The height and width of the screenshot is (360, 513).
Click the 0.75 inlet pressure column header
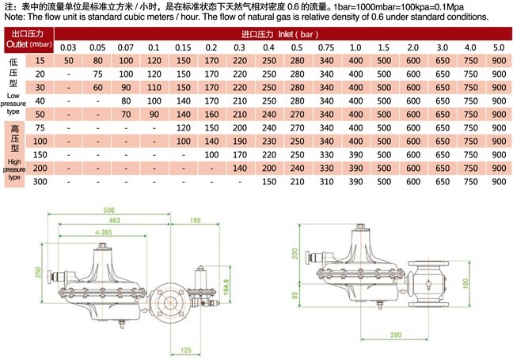(326, 47)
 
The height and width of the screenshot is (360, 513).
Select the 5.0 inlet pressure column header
(499, 47)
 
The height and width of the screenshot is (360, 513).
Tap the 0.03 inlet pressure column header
(68, 47)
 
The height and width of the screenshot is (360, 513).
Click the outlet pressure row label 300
(40, 181)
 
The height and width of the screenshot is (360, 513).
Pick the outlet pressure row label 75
(40, 128)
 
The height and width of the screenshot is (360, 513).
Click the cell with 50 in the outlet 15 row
(69, 61)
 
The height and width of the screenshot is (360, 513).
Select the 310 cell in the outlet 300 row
(326, 181)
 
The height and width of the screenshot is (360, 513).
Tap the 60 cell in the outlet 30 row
(97, 88)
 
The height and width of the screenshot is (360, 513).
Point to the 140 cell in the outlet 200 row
(240, 168)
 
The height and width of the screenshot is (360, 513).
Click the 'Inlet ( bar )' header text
(298, 34)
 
